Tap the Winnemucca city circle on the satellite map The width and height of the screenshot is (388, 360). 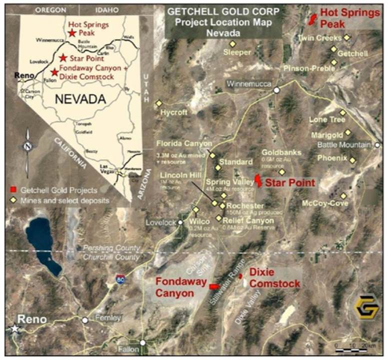coord(276,90)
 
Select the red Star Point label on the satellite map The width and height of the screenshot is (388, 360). coord(290,183)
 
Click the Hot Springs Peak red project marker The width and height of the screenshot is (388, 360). coord(313,18)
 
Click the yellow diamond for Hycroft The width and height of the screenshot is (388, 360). coord(159,103)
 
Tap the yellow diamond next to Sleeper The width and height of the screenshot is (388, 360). coord(232,43)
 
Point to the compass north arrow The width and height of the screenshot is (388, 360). coord(27,145)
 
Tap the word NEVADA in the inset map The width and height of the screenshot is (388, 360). coord(81,99)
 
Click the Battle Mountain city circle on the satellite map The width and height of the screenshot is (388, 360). coord(378,145)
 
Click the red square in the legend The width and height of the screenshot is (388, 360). coord(14,190)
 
